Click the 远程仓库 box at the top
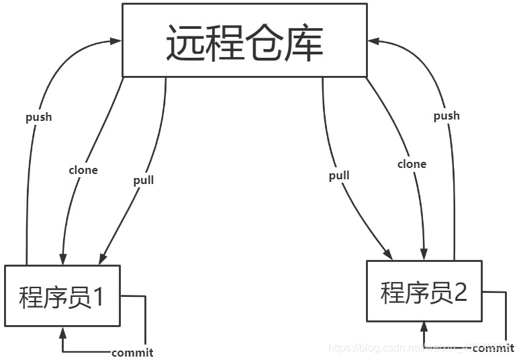[245, 40]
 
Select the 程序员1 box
[62, 296]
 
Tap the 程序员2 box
[424, 291]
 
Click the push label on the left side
[38, 118]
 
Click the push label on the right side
[446, 116]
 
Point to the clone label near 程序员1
[83, 170]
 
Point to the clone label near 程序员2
[412, 164]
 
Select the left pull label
[144, 180]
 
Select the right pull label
[339, 176]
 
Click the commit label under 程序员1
[132, 353]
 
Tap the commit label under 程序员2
[493, 348]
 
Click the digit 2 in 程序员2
[460, 291]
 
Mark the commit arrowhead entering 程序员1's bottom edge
[63, 331]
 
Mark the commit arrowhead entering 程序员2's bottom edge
[424, 326]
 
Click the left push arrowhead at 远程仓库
[116, 42]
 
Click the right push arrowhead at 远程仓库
[374, 42]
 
